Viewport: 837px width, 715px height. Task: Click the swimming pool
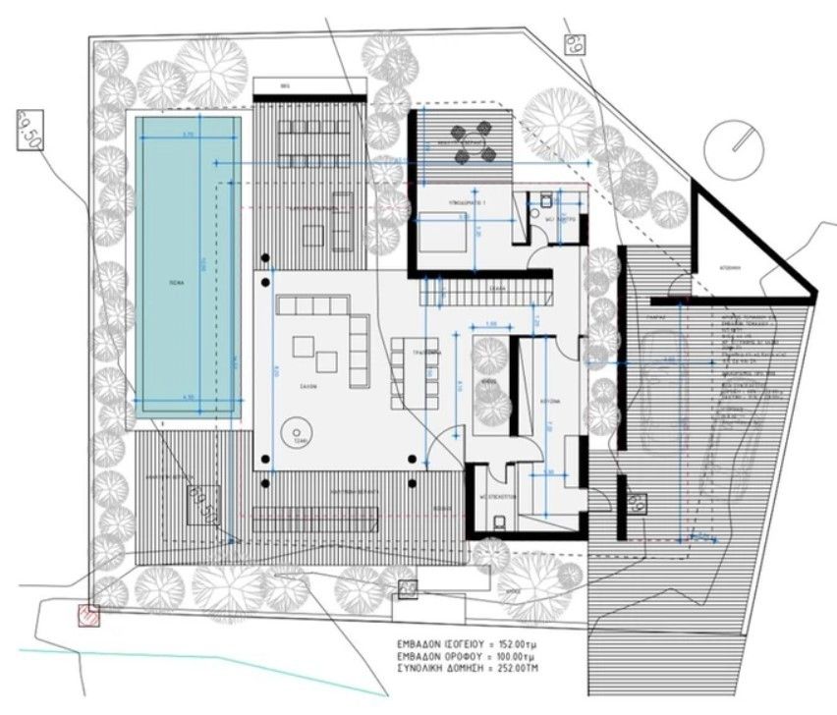[x=188, y=265]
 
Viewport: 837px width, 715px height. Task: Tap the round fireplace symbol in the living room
[x=293, y=431]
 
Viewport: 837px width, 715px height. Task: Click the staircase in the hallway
[x=481, y=292]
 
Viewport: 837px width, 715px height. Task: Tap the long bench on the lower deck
[x=314, y=519]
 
